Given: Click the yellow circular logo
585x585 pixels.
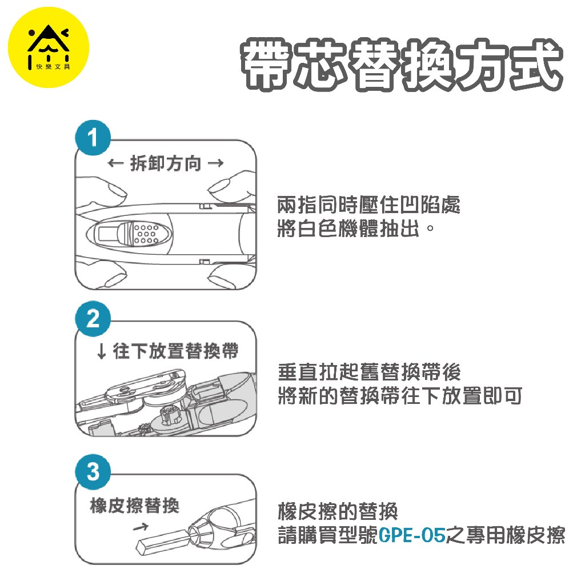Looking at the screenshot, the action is tap(49, 47).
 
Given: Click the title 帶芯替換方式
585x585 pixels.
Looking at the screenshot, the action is tap(402, 65).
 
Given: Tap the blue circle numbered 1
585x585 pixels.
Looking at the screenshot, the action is tap(93, 138).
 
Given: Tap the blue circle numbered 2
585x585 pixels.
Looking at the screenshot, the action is tap(93, 318).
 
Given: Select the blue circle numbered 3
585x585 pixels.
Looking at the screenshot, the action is tap(93, 471).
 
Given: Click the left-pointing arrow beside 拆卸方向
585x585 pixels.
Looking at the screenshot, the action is tap(115, 163).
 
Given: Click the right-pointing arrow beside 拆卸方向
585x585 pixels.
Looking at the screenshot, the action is tap(215, 163).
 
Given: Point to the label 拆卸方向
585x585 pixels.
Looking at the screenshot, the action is tap(165, 163).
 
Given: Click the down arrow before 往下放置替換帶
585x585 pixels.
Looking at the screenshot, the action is tap(101, 351).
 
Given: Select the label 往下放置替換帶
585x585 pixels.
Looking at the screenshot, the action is tap(175, 351).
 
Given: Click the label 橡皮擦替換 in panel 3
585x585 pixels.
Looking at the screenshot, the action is tap(135, 506).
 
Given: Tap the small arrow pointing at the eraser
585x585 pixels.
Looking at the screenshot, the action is tap(141, 527).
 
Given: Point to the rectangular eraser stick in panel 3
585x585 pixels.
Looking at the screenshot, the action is tap(163, 541).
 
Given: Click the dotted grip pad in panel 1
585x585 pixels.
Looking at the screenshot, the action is tap(145, 234).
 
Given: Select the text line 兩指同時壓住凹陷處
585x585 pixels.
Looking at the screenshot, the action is tap(368, 205).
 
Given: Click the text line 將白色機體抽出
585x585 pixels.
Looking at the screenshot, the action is tap(356, 229).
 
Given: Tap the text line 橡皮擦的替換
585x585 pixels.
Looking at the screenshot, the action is tap(338, 511).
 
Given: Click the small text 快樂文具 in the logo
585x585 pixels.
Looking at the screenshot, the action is tap(53, 67).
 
